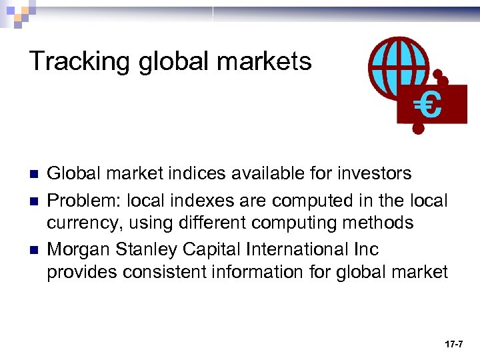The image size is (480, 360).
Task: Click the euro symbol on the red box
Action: (x=427, y=105)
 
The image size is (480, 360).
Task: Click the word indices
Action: (x=198, y=174)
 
